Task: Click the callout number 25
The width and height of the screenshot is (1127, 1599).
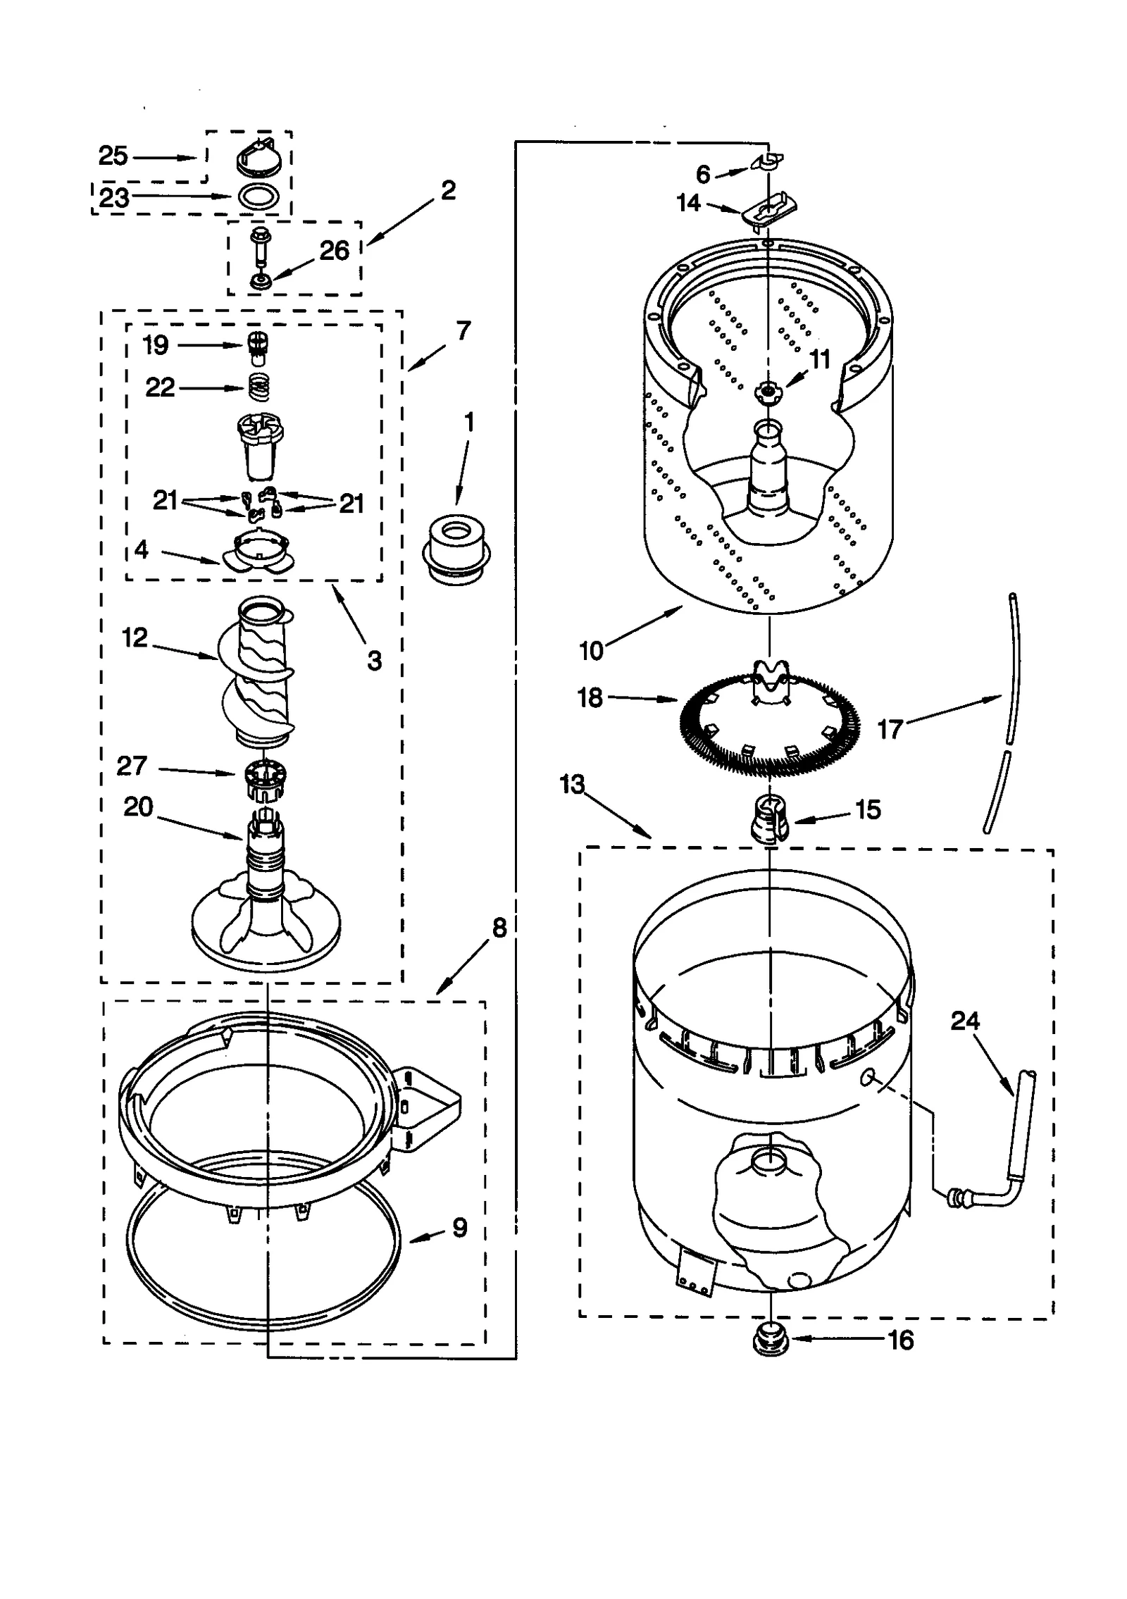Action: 113,156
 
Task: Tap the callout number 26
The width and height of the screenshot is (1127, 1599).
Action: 334,251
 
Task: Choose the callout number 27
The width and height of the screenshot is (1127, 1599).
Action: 132,766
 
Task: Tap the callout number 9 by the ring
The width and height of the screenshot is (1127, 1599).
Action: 459,1228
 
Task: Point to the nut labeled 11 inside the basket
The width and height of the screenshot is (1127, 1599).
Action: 767,391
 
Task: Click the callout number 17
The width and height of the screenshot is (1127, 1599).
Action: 890,729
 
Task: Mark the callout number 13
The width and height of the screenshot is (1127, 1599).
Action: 572,783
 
